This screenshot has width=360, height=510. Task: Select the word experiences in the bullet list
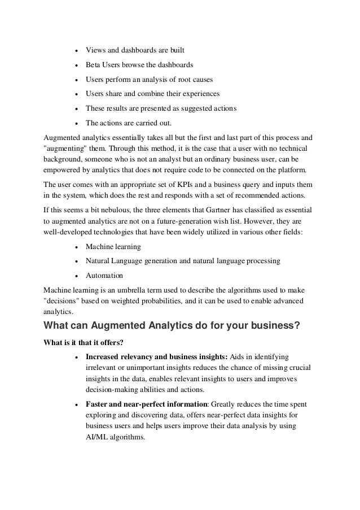(200, 93)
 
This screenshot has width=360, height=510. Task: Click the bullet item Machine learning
(113, 247)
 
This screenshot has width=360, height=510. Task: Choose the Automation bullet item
(104, 276)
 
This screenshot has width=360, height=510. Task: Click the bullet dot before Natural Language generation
(76, 261)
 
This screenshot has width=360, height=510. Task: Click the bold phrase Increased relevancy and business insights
(156, 356)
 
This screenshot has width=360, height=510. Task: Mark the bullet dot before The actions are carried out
(76, 123)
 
